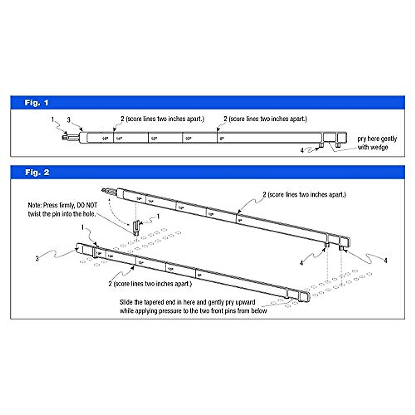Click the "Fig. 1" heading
[36, 103]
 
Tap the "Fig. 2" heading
[37, 172]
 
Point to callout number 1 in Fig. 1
[53, 120]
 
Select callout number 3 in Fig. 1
[68, 120]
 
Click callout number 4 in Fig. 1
[302, 150]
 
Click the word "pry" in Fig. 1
[362, 139]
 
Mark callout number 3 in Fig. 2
[37, 258]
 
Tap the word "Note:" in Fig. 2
[35, 205]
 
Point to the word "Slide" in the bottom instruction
[126, 302]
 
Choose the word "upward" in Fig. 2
[245, 302]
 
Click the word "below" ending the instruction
[259, 311]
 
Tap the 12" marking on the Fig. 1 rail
[154, 139]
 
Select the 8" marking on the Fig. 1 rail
[222, 139]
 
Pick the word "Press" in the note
[50, 205]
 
